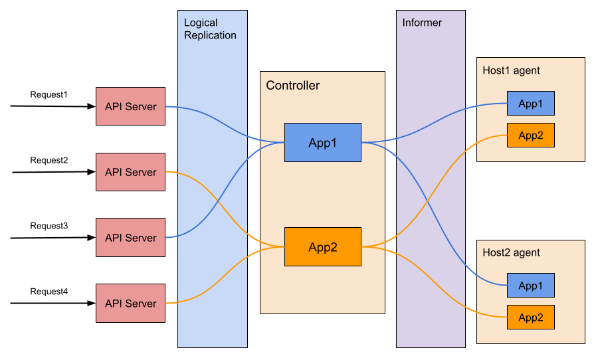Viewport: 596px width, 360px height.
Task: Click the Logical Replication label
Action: (210, 29)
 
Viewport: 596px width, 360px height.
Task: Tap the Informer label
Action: (422, 23)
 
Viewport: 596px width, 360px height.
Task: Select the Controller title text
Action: (292, 86)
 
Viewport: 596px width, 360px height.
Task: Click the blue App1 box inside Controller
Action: (323, 142)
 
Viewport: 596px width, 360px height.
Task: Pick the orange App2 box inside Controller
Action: (323, 247)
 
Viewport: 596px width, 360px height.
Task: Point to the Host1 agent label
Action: (511, 70)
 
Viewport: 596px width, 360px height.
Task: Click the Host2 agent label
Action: (511, 252)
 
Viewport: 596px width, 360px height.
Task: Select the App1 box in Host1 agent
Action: (530, 104)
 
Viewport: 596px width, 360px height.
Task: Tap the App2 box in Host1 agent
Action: (530, 135)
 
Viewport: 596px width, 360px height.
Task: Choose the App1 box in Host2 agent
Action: (530, 286)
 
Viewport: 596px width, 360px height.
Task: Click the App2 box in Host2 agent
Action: (530, 317)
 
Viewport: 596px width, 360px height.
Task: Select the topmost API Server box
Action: (130, 106)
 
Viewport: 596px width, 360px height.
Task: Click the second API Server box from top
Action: (130, 172)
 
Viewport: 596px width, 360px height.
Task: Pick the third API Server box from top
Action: (130, 238)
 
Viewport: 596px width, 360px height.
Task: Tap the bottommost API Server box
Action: (130, 304)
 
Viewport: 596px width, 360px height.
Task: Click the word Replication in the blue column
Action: (210, 35)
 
